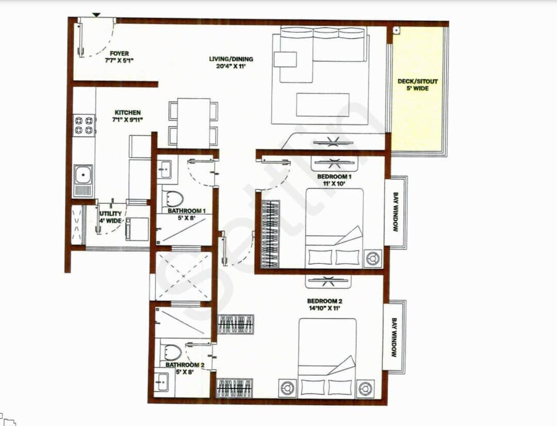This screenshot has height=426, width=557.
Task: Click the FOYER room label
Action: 119,54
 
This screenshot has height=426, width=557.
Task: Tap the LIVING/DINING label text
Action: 231,59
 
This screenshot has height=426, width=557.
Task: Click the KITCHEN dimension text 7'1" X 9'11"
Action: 128,120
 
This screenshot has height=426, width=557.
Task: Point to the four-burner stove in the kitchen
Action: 84,125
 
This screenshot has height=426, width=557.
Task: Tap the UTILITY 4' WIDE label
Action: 110,217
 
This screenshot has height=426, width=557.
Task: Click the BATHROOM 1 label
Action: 187,211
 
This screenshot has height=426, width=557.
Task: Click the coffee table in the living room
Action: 323,105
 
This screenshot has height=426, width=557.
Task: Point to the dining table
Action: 193,123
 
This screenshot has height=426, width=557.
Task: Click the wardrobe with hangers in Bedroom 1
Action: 270,234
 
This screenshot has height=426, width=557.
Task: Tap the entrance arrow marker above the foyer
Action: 96,15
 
